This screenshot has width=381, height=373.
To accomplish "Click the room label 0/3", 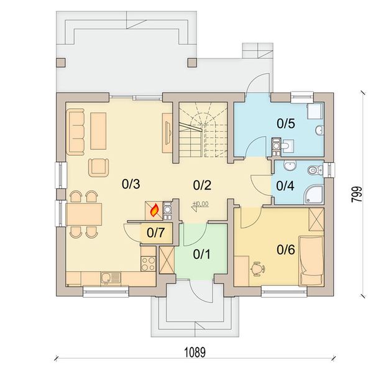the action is pos(131,184).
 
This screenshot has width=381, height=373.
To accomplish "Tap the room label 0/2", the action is pos(202,185).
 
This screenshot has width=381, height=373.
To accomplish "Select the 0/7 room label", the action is pos(156,233).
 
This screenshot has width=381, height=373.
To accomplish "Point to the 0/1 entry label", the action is pos(201,254).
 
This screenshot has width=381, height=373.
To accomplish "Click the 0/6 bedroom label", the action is pos(286,249).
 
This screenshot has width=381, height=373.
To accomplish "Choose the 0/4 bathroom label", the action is pos(285,186).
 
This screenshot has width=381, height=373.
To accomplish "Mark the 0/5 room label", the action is pos(286,124).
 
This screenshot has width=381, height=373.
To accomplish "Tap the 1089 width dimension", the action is pos(195,352).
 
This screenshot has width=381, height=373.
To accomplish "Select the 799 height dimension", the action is pos(357,194).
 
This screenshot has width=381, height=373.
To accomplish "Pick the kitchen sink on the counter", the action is pos(111,279).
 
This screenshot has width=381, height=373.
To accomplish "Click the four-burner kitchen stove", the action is pos(148,264).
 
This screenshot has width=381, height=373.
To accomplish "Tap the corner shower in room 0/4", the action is pos(313,195).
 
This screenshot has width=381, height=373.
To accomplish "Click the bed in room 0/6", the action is pos(311,260).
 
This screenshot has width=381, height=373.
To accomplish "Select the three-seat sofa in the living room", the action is pos(75,132).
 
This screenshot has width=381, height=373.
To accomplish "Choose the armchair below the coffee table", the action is pos(98,167).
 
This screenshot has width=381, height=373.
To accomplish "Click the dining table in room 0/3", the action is pos(83,214).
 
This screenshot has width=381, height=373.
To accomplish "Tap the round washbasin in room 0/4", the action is pos(290,166).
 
